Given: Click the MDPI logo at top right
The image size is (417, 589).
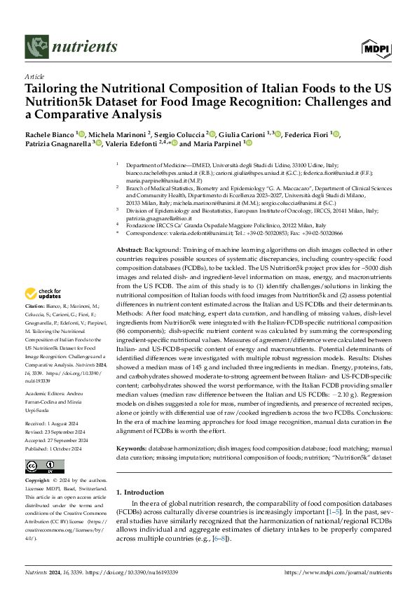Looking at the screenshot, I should pos(376,47).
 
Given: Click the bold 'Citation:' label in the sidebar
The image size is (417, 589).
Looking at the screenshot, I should pos(36,326).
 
